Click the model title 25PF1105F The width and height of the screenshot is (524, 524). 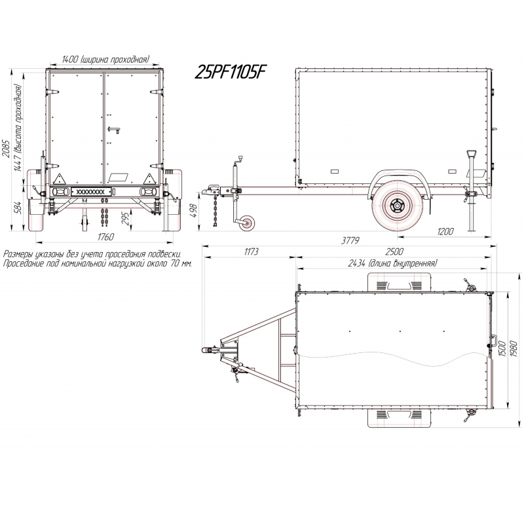click(231, 71)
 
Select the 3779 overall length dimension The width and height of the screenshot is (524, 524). click(350, 240)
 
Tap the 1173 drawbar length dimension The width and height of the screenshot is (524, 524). click(251, 252)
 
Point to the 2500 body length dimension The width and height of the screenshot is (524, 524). click(394, 252)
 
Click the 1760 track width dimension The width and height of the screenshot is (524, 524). click(105, 236)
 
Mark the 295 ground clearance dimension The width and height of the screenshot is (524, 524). click(124, 219)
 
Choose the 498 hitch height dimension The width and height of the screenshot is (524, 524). click(193, 211)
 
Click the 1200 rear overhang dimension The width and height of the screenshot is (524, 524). click(445, 232)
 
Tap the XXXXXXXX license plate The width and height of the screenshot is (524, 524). click(91, 192)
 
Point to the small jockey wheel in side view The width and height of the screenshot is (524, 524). click(247, 223)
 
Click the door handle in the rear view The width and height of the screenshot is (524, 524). click(114, 129)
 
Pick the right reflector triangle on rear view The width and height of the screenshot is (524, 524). click(149, 179)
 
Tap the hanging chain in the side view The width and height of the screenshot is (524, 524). click(215, 211)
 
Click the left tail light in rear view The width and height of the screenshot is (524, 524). click(60, 192)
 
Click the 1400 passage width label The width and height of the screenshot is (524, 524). click(105, 59)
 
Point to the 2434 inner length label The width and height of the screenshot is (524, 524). click(392, 263)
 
